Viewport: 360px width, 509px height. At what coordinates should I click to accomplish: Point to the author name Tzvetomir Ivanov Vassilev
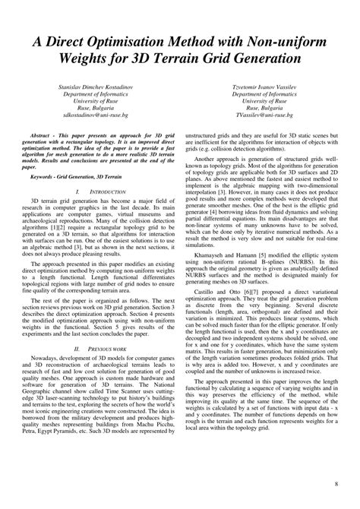[264, 89]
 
